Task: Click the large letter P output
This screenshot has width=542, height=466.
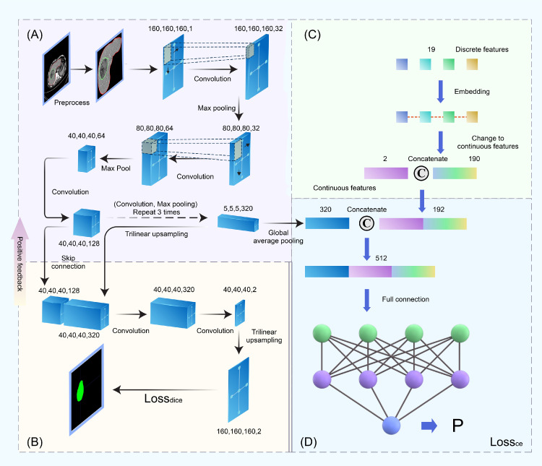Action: (x=457, y=426)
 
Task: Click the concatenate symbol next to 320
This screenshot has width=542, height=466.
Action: (x=364, y=223)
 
